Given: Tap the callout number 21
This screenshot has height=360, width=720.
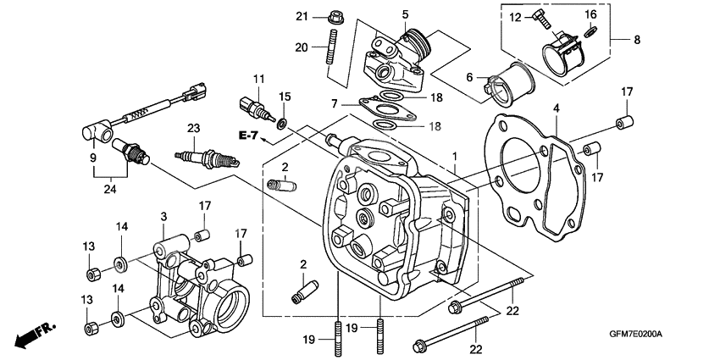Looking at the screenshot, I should click(302, 16).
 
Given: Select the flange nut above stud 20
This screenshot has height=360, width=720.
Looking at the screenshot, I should click(331, 16).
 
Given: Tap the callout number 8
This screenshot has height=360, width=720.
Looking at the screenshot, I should click(638, 39).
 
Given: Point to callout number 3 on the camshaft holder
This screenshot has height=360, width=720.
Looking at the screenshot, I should click(163, 217).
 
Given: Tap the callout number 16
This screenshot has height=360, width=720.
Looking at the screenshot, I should click(590, 14).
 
